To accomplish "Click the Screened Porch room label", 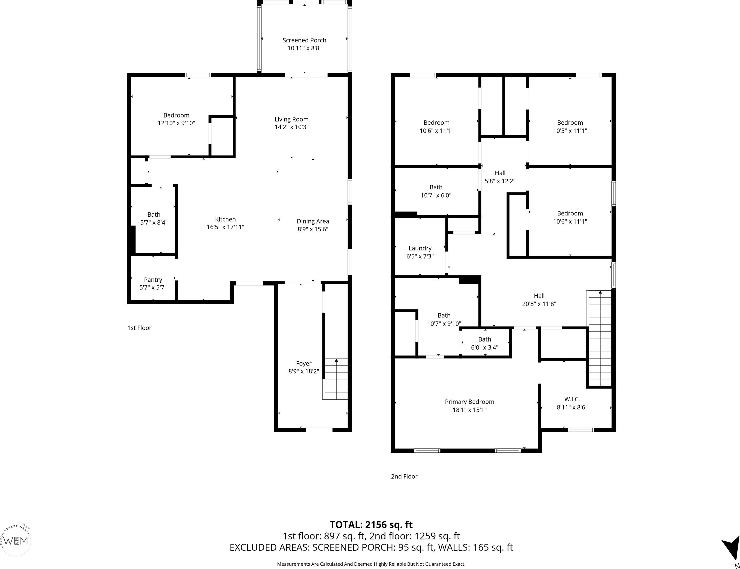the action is [304, 40].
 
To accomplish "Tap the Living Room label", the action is [292, 119].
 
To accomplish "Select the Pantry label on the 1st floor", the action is [153, 280].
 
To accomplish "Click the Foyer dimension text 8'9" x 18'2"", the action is [304, 371].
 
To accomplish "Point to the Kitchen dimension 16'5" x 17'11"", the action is [225, 227].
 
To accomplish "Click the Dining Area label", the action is [313, 221].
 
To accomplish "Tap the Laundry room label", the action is [420, 248].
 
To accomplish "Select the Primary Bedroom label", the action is [469, 402].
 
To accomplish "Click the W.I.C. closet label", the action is [572, 400].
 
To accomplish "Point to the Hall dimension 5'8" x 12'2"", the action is [500, 181].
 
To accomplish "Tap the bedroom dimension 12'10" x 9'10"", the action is [176, 123].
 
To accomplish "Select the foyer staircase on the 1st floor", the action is [335, 379].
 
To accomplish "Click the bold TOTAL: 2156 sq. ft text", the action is [371, 525].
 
